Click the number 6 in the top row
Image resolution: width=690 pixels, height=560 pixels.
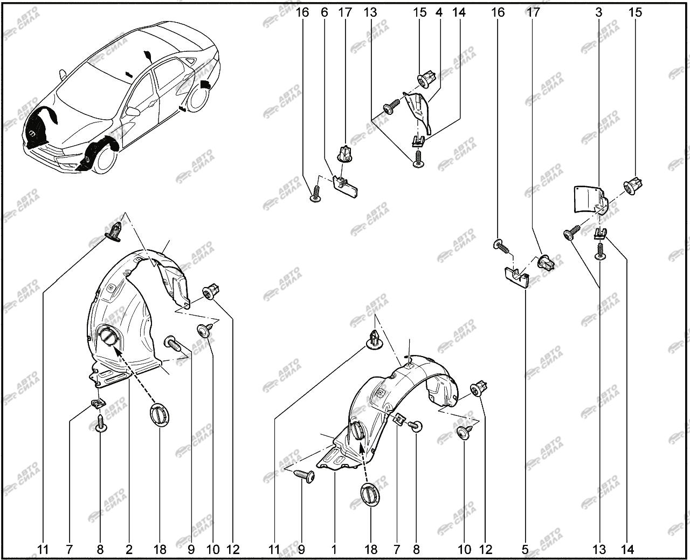tap(324, 12)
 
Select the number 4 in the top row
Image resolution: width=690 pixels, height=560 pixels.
tap(439, 12)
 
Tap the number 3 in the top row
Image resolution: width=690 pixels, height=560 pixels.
tap(599, 12)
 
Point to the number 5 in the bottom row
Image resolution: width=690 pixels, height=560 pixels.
tap(525, 549)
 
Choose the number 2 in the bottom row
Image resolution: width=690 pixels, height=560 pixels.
tap(129, 549)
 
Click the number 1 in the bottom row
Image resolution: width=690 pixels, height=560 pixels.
tap(334, 549)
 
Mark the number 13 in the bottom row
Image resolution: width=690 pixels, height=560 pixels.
tap(599, 549)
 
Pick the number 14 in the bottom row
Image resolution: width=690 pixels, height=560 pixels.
tap(627, 549)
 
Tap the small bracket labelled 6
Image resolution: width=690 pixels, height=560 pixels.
tap(345, 183)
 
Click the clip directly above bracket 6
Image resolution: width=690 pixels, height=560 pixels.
tap(344, 153)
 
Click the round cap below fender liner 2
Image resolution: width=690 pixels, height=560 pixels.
tap(160, 414)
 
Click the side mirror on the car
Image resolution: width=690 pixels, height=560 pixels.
tap(133, 112)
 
